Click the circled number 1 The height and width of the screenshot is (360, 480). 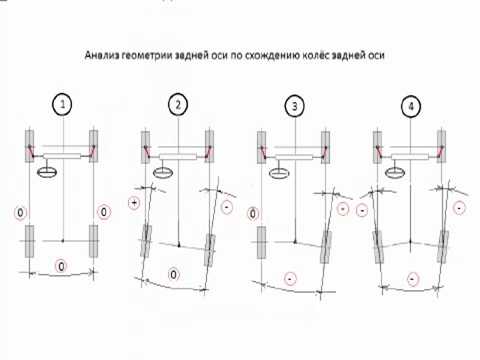coord(62,105)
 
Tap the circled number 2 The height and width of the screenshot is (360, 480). coord(178,105)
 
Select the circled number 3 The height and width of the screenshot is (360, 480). coord(295,106)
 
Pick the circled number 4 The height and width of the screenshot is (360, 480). coord(411,106)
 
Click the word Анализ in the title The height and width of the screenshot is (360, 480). coord(102,55)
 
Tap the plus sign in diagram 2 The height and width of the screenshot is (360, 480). coord(134,203)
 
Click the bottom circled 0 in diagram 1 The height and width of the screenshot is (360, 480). coord(61,266)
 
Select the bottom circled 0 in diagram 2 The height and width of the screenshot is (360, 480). coord(173,274)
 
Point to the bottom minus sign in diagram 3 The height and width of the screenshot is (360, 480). coord(290,278)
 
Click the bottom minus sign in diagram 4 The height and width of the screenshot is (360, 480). coord(413,279)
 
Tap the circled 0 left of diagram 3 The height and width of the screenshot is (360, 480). coord(253,214)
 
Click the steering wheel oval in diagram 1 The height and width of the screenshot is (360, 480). coord(47,172)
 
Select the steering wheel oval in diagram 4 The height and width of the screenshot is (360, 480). coord(395,172)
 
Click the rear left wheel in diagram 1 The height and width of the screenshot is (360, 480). coord(29,241)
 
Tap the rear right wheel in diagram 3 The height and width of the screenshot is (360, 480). coord(326,247)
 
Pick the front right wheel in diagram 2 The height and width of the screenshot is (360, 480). coord(209,146)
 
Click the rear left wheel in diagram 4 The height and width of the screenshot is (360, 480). coord(377,247)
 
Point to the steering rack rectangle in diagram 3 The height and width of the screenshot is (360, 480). coord(294,157)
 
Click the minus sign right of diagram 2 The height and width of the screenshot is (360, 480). coord(227,208)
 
